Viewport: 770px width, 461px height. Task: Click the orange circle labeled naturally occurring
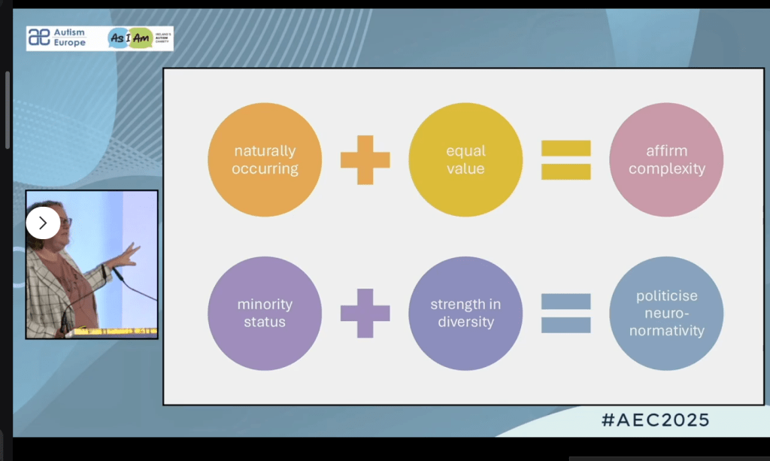(x=265, y=159)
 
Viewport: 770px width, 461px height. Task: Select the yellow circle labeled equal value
(x=465, y=159)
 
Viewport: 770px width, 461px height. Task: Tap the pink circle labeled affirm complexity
(x=666, y=159)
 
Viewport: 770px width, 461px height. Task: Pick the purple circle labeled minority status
(x=265, y=313)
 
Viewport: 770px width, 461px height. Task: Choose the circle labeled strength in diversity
(x=465, y=313)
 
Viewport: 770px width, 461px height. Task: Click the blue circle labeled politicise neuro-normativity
(x=666, y=313)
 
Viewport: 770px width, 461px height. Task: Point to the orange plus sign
(x=365, y=159)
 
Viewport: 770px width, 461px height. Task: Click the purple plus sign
(x=365, y=313)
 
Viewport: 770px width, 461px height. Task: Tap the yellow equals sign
(x=565, y=159)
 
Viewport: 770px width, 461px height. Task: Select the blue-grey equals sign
(x=565, y=313)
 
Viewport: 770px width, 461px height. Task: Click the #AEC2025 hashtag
(x=655, y=420)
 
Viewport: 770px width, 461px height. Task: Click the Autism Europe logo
(x=57, y=38)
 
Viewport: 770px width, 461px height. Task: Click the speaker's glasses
(x=65, y=222)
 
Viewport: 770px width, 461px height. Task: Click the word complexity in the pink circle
(x=666, y=169)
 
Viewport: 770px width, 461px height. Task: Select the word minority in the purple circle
(x=265, y=305)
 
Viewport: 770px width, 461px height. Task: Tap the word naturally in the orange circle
(x=265, y=151)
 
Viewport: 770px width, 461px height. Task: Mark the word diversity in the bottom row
(x=465, y=323)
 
